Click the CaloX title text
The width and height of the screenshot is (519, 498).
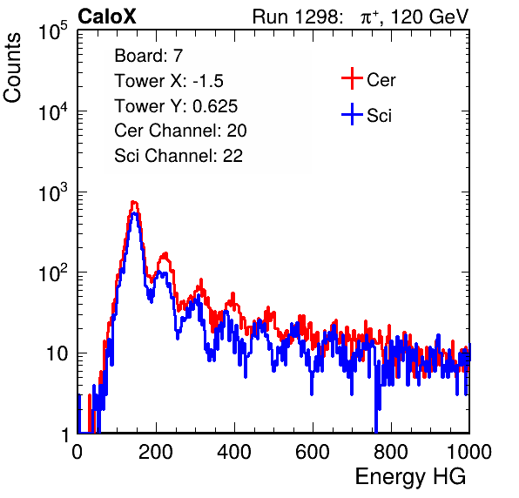pos(107,17)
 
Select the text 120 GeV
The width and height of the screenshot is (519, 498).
pos(429,17)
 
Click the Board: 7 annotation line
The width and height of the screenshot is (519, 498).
pos(148,55)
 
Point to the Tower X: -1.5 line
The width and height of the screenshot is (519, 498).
pos(169,80)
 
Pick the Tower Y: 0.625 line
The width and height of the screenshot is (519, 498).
pos(176,105)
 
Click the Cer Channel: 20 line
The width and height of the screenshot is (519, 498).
pos(180,131)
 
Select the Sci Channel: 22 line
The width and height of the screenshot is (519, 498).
pos(179,156)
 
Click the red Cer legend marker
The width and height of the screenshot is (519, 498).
pos(352,78)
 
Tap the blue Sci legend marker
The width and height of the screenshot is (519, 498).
pos(352,115)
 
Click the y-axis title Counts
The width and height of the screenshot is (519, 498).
pos(12,68)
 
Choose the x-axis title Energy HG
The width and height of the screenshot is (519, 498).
pos(410,477)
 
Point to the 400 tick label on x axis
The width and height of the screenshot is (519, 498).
pos(234,452)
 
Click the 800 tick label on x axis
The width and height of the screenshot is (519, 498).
pos(391,452)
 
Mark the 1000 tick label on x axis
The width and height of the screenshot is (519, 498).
pos(469,452)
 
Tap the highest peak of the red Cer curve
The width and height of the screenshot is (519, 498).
pos(134,202)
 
